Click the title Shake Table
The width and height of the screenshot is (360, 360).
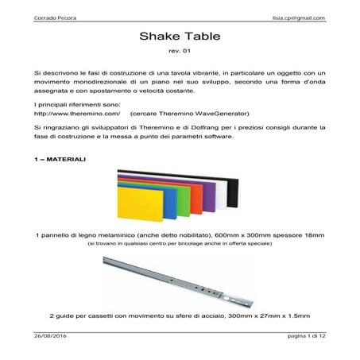click(x=180, y=37)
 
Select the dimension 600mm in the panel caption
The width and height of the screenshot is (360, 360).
click(x=230, y=235)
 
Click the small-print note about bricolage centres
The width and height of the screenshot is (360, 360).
click(x=180, y=245)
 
